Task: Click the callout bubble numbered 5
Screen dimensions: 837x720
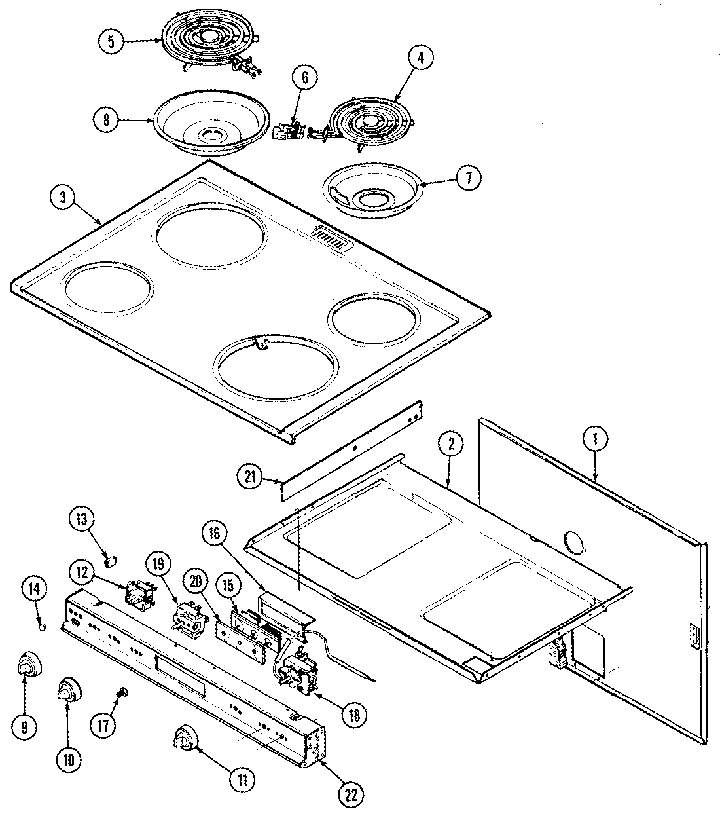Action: (111, 41)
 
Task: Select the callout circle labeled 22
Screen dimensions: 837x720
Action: (351, 794)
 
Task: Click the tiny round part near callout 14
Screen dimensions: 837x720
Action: (42, 627)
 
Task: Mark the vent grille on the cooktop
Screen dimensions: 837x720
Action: (331, 239)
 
